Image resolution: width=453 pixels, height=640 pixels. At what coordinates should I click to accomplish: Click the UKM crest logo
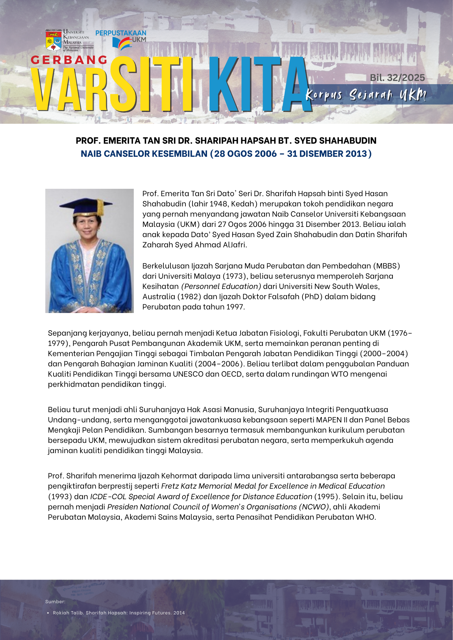54,41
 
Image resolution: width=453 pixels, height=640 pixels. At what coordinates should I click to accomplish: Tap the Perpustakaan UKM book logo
122,44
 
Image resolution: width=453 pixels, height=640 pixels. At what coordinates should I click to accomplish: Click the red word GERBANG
69,60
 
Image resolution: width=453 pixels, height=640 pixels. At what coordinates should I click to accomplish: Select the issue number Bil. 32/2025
397,78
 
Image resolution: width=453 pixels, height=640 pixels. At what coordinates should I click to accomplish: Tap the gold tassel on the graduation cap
101,208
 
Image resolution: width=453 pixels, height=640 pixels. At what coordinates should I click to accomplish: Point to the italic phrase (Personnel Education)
221,286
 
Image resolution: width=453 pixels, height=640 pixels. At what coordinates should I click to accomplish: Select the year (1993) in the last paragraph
60,497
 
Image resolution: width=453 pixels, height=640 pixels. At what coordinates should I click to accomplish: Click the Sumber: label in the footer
55,602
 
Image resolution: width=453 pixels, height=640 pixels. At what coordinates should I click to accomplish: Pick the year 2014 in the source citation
179,613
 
